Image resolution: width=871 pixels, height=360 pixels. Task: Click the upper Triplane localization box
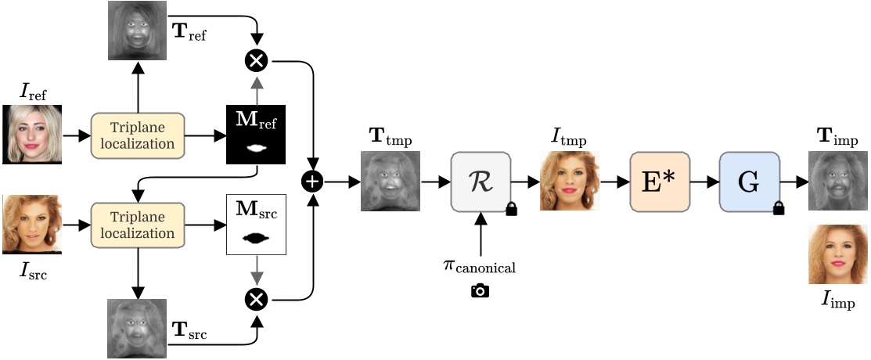click(138, 135)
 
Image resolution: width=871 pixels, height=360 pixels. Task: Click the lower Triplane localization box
click(138, 225)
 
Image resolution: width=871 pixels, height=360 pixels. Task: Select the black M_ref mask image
click(257, 135)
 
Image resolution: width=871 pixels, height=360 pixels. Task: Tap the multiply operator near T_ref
click(257, 59)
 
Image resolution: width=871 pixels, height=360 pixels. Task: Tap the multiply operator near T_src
click(257, 298)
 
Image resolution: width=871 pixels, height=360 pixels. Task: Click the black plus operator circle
click(313, 182)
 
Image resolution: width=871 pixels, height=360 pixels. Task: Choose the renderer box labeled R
click(480, 182)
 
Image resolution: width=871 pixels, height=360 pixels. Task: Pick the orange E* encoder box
click(660, 182)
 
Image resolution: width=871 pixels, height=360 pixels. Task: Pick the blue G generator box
click(749, 182)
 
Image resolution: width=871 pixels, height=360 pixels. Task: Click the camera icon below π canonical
click(480, 291)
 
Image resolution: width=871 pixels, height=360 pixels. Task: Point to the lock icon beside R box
click(513, 208)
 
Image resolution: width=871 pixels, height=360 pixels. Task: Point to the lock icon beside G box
click(779, 208)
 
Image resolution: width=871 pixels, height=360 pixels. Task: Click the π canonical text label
click(480, 268)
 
